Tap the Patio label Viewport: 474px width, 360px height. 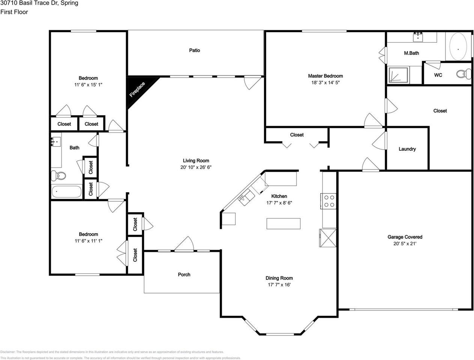click(194, 50)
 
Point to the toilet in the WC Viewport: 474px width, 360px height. click(464, 74)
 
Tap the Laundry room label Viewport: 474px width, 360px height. click(407, 149)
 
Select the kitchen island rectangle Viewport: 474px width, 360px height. click(283, 223)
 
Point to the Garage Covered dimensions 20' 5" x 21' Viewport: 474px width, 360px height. click(405, 244)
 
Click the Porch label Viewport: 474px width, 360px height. click(184, 274)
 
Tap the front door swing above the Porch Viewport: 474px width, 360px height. click(184, 244)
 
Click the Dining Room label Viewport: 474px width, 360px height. click(279, 278)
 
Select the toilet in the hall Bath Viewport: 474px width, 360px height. click(59, 175)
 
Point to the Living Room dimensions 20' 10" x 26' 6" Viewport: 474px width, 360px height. click(196, 167)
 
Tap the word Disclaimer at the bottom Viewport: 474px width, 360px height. click(8, 352)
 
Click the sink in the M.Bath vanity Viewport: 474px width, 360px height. click(418, 37)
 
